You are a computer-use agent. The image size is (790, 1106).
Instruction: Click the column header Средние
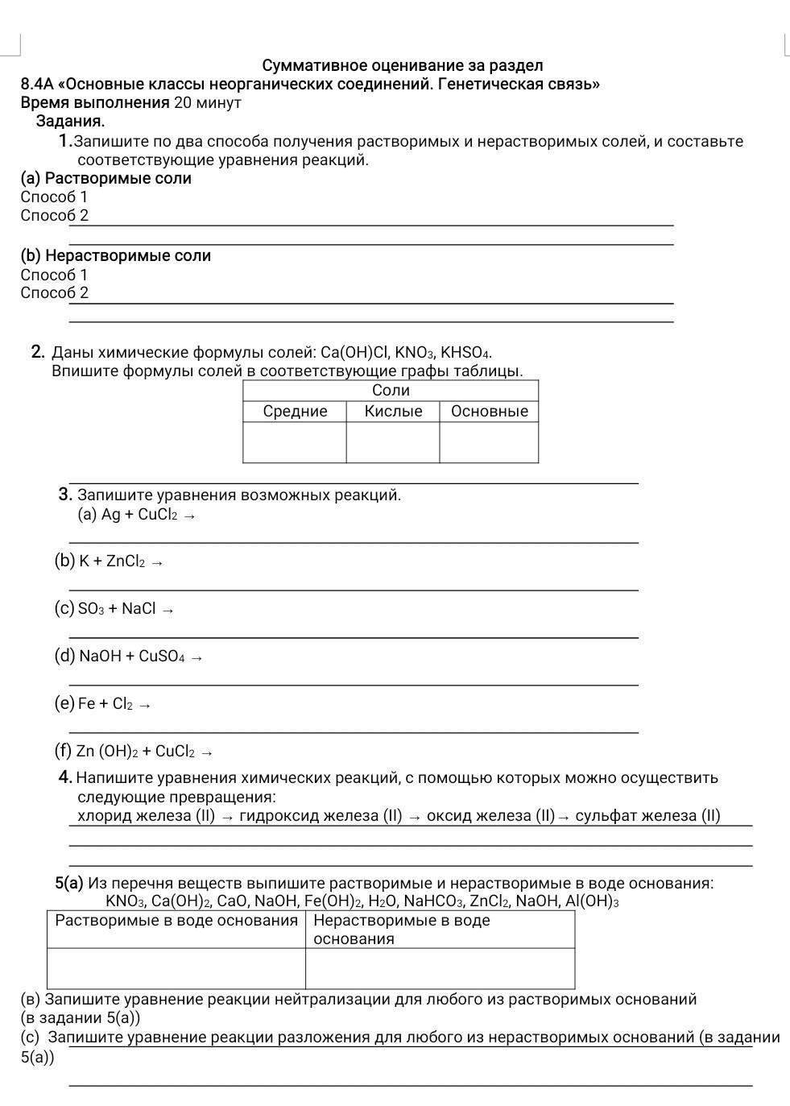click(x=295, y=412)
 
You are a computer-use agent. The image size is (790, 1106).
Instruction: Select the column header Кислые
click(x=393, y=412)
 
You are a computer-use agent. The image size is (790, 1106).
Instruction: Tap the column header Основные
click(x=489, y=412)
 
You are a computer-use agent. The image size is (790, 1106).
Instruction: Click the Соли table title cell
click(x=391, y=391)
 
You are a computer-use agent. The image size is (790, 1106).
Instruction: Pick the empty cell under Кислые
click(x=393, y=442)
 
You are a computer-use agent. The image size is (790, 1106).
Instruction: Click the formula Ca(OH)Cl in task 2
click(x=354, y=353)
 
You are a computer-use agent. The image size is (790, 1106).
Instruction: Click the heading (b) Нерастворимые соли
click(x=116, y=256)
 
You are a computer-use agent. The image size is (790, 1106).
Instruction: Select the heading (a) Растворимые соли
click(x=106, y=178)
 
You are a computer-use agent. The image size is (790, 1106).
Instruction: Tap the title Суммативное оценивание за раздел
click(x=403, y=65)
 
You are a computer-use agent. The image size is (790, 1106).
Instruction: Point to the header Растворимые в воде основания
click(x=176, y=921)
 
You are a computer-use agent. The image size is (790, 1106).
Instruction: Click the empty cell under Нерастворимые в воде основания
click(x=440, y=968)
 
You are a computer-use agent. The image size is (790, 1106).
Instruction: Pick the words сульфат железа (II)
click(x=647, y=816)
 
